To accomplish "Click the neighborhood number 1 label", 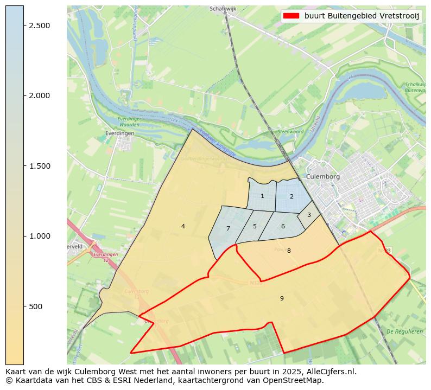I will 262,196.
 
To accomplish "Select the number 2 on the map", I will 291,197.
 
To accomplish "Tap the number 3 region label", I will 309,215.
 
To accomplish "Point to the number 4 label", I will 183,227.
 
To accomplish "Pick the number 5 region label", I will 255,227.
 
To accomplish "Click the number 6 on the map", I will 283,227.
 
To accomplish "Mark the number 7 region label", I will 228,229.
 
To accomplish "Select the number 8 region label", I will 289,251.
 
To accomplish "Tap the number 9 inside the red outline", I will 282,298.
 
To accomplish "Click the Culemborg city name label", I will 322,177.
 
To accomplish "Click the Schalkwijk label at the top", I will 223,9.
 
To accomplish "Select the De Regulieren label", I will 404,331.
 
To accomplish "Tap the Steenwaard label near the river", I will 290,132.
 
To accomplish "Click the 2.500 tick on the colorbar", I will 40,25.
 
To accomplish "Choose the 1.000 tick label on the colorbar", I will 40,236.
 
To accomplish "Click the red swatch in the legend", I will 291,16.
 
